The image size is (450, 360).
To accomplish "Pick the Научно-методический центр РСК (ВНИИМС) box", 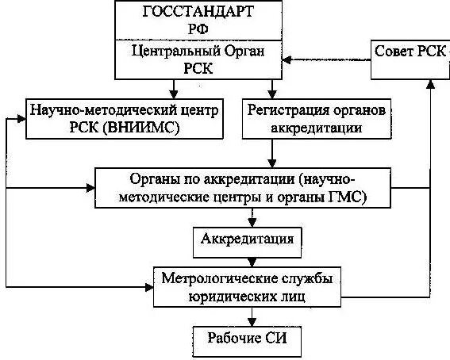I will coord(125,117).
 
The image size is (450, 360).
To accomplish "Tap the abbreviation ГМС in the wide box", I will coord(350,196).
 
